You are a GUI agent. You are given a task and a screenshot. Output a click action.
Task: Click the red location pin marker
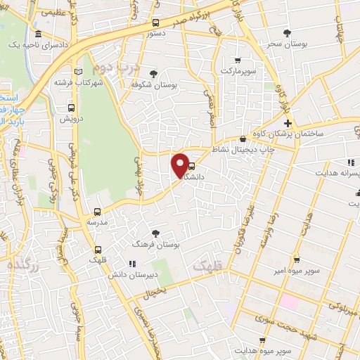click(x=180, y=165)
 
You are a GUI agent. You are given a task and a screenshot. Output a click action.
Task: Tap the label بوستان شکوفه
click(x=153, y=84)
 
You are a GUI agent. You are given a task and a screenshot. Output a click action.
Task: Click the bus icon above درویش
click(x=71, y=108)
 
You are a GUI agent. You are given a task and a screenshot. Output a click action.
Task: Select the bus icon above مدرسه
click(x=97, y=210)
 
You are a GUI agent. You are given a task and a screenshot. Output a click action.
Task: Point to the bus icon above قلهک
click(x=97, y=250)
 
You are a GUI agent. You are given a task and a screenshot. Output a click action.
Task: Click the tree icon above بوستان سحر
click(x=286, y=32)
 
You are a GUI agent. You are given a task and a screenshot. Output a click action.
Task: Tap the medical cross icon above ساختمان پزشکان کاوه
click(x=288, y=122)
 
